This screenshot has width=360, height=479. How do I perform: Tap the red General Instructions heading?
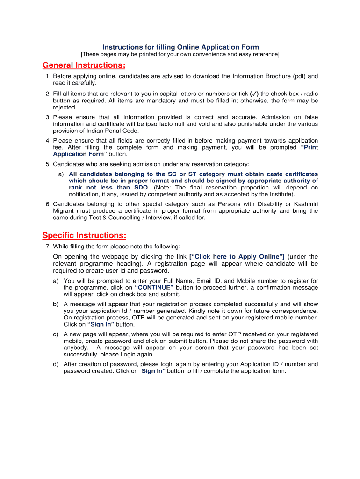[x=84, y=65]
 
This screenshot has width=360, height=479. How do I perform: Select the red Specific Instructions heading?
[x=84, y=235]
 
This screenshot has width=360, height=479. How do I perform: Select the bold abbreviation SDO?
[x=140, y=188]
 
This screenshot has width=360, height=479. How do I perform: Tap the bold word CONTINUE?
[x=154, y=287]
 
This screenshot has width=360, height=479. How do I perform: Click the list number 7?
[x=47, y=247]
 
